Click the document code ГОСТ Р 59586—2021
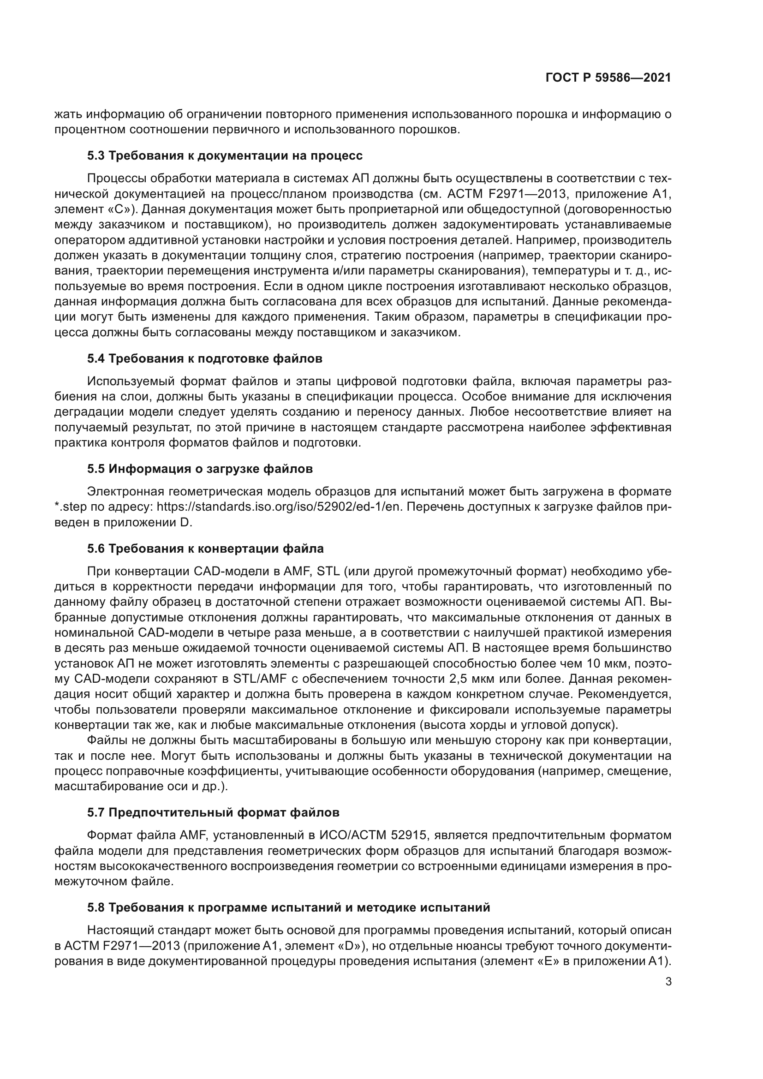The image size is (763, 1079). (x=608, y=78)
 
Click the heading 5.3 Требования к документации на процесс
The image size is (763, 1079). (x=225, y=155)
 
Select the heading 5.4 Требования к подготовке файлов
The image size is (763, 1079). (x=204, y=358)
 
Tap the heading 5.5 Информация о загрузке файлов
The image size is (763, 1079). (x=200, y=469)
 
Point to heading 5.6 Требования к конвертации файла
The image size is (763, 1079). (x=205, y=548)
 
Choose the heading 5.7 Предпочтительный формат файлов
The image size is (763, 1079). (x=213, y=812)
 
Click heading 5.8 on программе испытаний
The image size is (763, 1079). (x=288, y=907)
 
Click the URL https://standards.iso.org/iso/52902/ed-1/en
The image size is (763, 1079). (x=280, y=507)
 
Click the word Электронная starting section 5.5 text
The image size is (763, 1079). (x=125, y=492)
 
